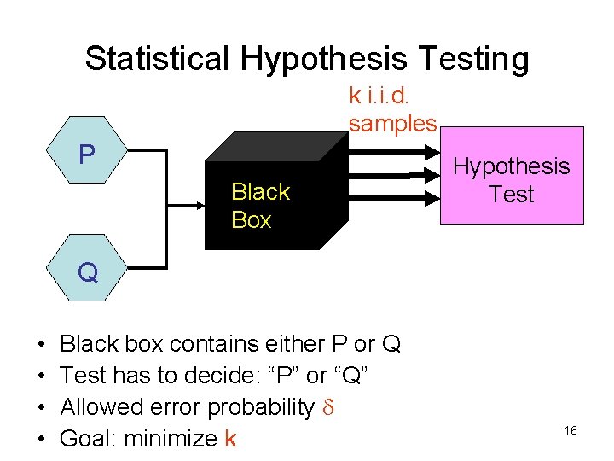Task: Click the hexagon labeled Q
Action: coord(87,272)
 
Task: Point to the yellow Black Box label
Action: coord(260,206)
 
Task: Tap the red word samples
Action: coord(392,123)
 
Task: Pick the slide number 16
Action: coord(571,431)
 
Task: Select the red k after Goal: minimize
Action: coord(229,439)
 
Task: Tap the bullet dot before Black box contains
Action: coord(40,344)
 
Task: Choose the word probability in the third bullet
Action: coord(261,407)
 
